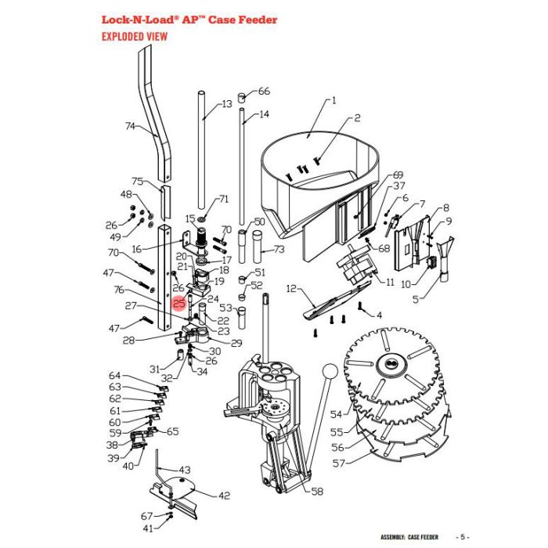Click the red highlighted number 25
tap(179, 304)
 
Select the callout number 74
tap(131, 125)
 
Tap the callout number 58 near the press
tap(316, 492)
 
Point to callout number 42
tap(225, 495)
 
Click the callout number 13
tap(227, 103)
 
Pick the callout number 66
tap(264, 92)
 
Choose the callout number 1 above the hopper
tap(333, 100)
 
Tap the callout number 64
tap(115, 376)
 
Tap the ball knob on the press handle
tap(329, 370)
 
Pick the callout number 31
tap(155, 369)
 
